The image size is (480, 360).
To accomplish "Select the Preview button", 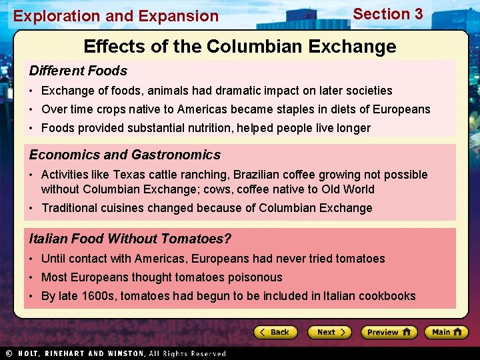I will click(x=389, y=332).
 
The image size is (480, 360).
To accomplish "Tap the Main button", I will click(x=446, y=332).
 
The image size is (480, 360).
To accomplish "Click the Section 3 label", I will click(x=387, y=14).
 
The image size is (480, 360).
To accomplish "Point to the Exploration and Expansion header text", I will click(x=116, y=16).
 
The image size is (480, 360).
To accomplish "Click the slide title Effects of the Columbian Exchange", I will click(x=240, y=47).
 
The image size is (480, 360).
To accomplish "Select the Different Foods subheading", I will click(x=78, y=71).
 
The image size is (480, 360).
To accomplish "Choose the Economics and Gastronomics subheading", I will click(x=125, y=155).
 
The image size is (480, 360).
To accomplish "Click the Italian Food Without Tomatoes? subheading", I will click(x=130, y=239).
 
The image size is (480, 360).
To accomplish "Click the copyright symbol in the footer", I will click(x=9, y=353).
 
